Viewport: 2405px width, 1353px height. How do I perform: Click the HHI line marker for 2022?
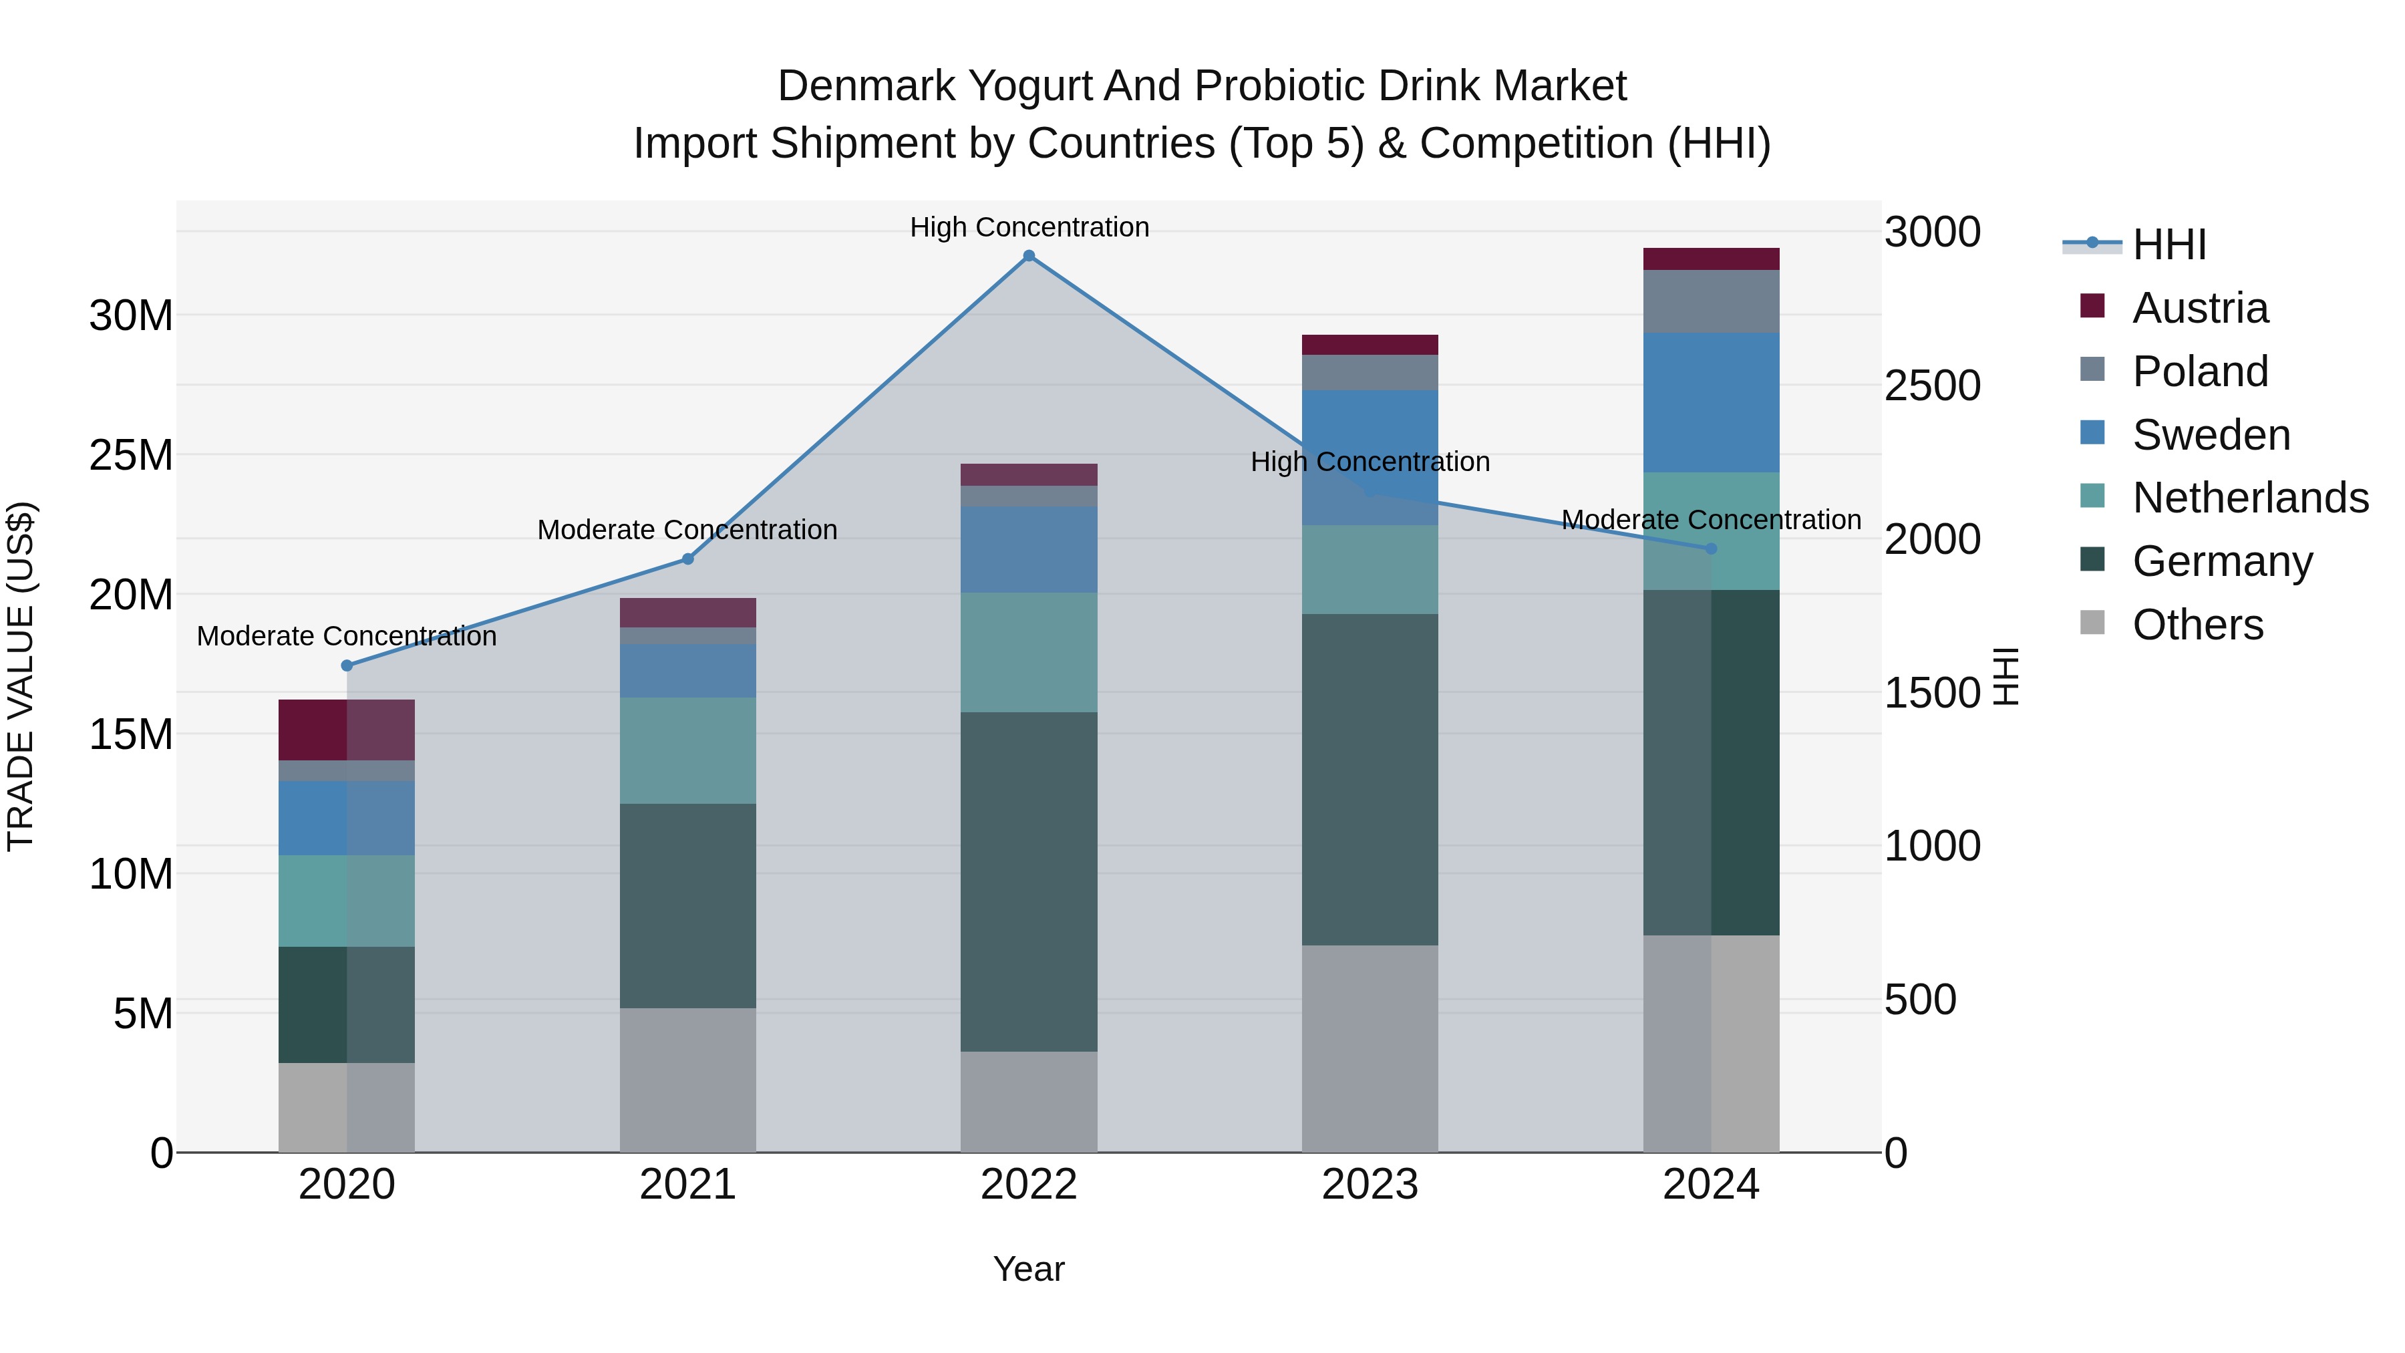1029,256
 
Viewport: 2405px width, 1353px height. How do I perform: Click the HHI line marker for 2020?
346,665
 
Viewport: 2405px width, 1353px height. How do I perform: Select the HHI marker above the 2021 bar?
688,559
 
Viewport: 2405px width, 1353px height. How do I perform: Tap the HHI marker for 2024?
1712,549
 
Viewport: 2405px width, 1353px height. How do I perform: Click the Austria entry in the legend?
2200,308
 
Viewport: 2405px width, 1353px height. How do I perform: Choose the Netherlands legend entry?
2250,498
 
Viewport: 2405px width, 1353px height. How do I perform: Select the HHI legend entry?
2169,245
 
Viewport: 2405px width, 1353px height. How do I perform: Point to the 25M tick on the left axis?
131,456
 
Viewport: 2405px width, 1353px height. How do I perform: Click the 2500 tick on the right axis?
1931,386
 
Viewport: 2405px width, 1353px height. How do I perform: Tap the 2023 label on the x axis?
1370,1185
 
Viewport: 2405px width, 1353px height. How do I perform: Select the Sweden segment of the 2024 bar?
1712,402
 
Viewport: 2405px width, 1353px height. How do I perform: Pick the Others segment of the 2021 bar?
688,1080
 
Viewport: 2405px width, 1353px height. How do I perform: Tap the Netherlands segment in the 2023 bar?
1370,569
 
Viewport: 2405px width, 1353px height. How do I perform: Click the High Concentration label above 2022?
1029,227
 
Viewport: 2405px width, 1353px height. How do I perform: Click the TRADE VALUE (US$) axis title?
21,676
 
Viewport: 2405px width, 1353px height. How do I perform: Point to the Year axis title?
1029,1269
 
